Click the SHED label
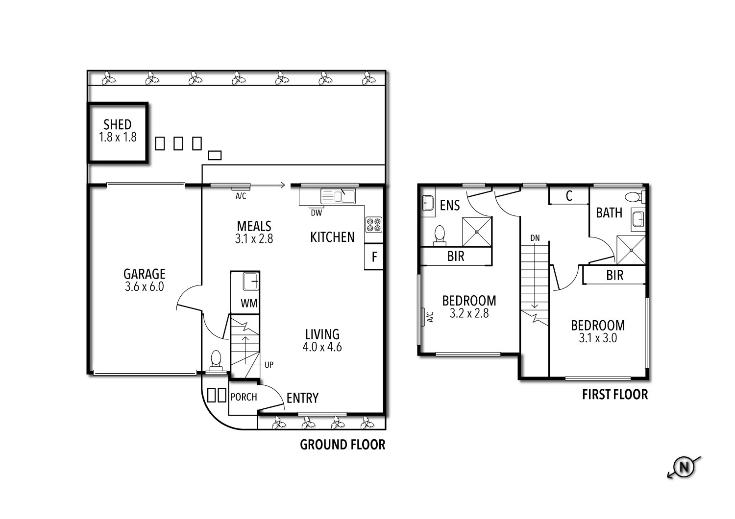(117, 125)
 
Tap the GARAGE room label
(144, 274)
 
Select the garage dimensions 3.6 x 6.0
(144, 287)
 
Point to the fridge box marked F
(374, 257)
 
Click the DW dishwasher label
(316, 212)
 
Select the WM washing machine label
(248, 304)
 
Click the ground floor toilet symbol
(216, 360)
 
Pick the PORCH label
(244, 397)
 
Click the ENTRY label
(302, 399)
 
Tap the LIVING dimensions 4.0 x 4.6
(322, 347)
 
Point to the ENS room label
(449, 206)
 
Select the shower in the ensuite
(477, 232)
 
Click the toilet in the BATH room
(634, 197)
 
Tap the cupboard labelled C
(569, 196)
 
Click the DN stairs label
(535, 238)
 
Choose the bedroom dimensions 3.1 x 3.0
(597, 338)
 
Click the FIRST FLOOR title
(614, 395)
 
